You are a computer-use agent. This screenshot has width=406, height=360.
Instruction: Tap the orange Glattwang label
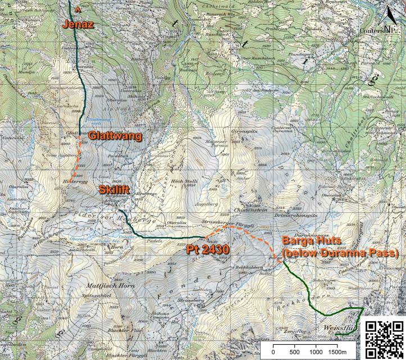click(115, 136)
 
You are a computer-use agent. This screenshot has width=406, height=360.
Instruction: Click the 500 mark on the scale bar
click(294, 352)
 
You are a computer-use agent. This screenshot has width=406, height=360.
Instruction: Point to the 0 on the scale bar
click(273, 352)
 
